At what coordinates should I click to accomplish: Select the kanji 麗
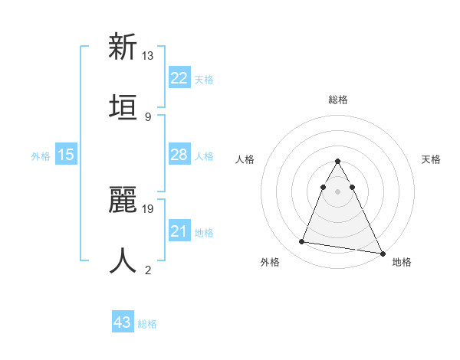click(123, 200)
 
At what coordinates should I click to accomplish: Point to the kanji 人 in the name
click(123, 260)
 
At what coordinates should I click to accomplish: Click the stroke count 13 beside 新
click(148, 56)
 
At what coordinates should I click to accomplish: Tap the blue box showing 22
click(179, 78)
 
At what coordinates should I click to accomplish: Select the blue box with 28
click(179, 155)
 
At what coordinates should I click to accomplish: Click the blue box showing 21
click(179, 231)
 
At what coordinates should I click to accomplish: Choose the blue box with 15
click(66, 155)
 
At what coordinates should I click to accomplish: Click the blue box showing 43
click(122, 322)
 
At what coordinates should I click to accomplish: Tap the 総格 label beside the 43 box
click(147, 324)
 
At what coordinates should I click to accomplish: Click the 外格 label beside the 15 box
click(41, 156)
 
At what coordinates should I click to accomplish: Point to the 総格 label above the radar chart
click(338, 100)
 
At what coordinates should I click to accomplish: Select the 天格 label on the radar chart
click(431, 159)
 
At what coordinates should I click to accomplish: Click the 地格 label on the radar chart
click(402, 262)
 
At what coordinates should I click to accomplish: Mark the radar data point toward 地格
click(382, 254)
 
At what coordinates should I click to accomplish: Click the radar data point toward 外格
click(302, 242)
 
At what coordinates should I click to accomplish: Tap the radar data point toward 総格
click(337, 161)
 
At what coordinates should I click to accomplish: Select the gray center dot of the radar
click(337, 191)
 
